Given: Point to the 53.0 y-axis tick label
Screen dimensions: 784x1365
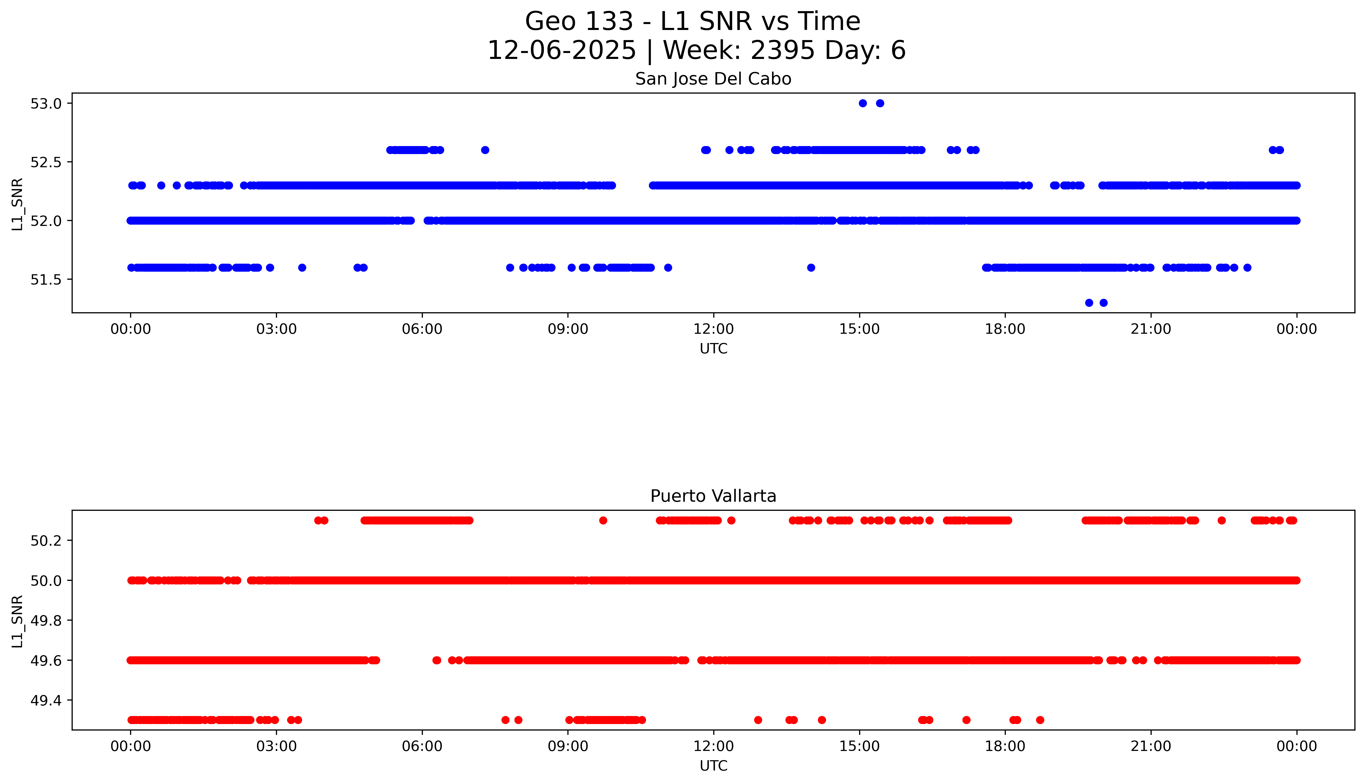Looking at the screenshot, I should (x=46, y=103).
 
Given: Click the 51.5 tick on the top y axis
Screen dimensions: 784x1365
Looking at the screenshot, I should (x=46, y=279).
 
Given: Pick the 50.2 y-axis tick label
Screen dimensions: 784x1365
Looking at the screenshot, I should (x=46, y=541).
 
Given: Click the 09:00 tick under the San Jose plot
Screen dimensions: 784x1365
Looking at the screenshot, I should (x=568, y=329).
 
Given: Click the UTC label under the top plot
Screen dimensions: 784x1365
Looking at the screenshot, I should (x=713, y=349).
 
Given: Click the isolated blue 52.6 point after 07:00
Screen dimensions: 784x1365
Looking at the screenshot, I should (x=485, y=150).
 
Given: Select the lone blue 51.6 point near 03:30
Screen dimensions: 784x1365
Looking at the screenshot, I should (x=302, y=268).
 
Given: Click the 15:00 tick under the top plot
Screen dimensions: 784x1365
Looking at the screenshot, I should (x=859, y=329).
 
